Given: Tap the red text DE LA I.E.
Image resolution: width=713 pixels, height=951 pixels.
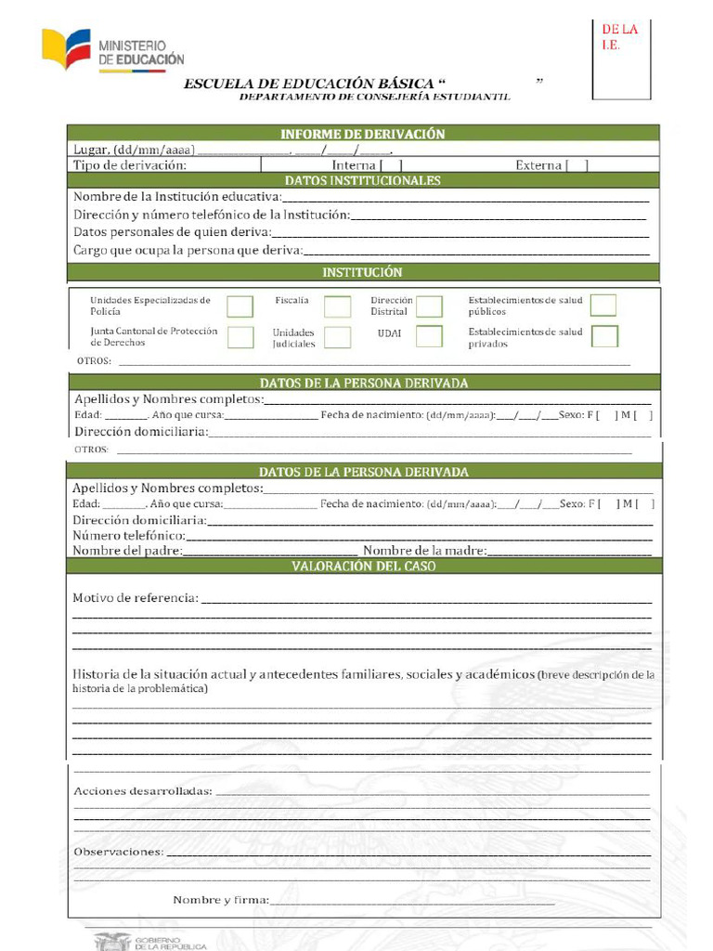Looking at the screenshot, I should tap(620, 37).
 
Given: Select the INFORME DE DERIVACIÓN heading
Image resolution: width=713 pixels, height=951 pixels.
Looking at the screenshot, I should tap(363, 134).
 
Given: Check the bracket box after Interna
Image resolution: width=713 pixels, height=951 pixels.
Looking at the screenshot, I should tap(391, 165).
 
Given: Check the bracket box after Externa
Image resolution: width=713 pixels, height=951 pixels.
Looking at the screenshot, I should tap(577, 165).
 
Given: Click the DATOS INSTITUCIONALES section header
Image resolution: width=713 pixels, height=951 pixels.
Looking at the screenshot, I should tap(363, 181).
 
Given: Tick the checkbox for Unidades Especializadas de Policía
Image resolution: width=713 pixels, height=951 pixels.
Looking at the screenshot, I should tap(240, 306).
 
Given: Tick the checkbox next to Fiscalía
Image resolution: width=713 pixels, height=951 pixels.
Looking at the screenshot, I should tap(338, 306).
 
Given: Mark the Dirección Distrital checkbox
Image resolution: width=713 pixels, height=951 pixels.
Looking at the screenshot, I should tap(429, 306).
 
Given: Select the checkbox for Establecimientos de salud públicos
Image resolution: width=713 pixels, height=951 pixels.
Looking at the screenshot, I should tap(603, 306).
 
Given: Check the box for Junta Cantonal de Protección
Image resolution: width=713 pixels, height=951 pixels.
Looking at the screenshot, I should tap(240, 337).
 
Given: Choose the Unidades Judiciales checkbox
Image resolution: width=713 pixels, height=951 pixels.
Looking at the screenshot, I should tap(338, 337).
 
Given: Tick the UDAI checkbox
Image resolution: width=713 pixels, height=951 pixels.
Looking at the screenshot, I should tap(429, 336).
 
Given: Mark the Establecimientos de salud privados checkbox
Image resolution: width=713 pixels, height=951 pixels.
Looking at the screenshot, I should tap(604, 336).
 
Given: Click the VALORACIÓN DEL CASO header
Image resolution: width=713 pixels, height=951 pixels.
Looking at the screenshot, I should tap(363, 566).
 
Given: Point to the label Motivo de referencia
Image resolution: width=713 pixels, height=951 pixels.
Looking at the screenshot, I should tap(135, 597).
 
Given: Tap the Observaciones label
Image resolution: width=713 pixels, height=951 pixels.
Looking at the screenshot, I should tap(118, 851).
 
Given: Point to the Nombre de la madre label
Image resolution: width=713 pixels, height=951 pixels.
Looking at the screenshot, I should tap(424, 551).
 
